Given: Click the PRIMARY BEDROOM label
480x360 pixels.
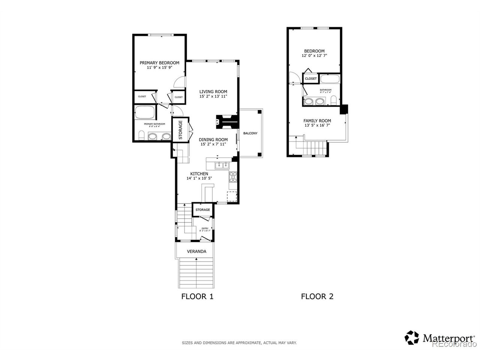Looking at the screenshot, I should (x=159, y=63).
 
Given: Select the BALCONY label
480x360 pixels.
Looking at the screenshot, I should (x=250, y=133).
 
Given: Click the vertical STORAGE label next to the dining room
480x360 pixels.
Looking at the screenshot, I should (x=180, y=130).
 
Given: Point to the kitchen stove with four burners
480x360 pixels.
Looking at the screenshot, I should (x=233, y=176).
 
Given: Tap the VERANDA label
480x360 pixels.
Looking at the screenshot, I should (x=196, y=251).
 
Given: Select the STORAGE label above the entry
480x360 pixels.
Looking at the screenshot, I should (x=202, y=210).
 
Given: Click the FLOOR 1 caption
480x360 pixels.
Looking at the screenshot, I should (x=197, y=297).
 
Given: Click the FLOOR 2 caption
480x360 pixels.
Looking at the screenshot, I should (x=317, y=297).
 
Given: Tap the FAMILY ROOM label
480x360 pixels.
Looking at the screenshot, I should (x=317, y=121).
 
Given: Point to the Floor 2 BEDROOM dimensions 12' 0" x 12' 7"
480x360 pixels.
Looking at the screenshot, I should (x=314, y=56).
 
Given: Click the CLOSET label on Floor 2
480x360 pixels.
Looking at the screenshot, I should (x=310, y=79).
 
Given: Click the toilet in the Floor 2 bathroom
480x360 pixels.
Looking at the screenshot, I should (x=333, y=100).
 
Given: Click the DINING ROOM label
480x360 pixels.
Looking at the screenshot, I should (x=213, y=139).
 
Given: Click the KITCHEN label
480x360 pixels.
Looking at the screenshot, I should (x=199, y=174).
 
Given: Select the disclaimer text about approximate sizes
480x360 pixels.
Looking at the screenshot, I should (x=239, y=343).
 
